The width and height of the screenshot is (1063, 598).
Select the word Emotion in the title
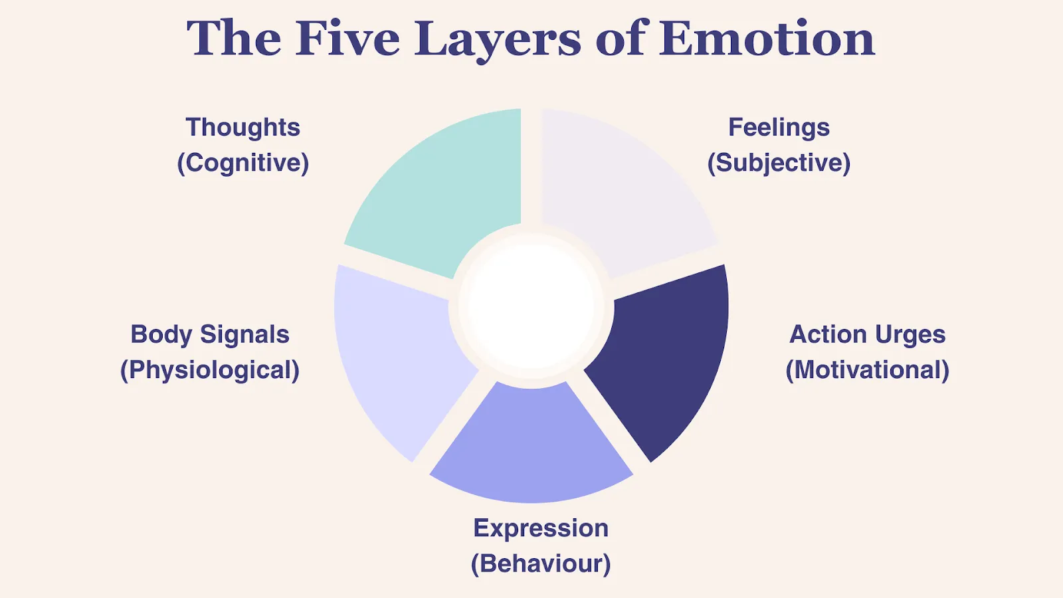click(767, 39)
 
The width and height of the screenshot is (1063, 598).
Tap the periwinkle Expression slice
click(531, 445)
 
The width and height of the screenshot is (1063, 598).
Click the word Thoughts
click(242, 127)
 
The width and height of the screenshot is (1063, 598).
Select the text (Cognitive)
click(242, 163)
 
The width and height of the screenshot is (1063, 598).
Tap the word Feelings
click(779, 127)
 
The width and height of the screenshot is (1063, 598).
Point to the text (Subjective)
click(779, 163)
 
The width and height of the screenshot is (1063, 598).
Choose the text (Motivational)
click(867, 370)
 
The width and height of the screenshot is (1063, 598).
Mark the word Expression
click(541, 528)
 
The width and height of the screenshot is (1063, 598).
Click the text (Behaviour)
click(541, 563)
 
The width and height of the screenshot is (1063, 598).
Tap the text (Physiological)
click(210, 370)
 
